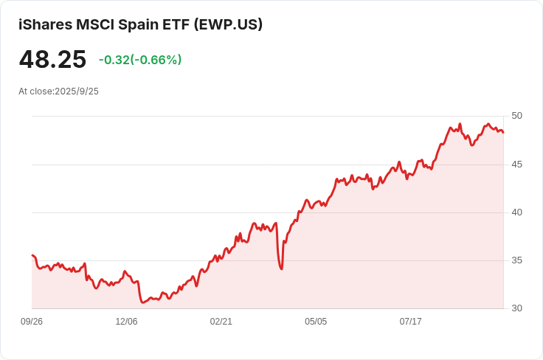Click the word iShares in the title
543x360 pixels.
(x=45, y=24)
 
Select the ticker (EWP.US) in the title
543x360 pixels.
(x=228, y=24)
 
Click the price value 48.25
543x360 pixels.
(x=52, y=60)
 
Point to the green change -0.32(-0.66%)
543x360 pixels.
(x=140, y=60)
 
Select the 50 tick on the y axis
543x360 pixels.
(x=516, y=116)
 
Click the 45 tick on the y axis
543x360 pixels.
(x=516, y=164)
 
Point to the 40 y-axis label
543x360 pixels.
(x=516, y=212)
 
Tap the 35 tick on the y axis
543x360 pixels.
(x=516, y=260)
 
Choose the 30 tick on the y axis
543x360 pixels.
(x=516, y=308)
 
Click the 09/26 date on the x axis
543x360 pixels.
(x=32, y=322)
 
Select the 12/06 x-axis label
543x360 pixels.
(x=126, y=322)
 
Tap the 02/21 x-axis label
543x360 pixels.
(x=221, y=322)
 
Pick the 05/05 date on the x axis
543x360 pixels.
(x=316, y=322)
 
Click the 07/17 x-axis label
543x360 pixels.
(x=410, y=322)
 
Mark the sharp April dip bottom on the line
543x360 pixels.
(x=281, y=269)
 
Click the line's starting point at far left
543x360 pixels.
(x=32, y=255)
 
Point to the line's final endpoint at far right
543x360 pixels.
(x=503, y=133)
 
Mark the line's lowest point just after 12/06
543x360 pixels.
(x=142, y=302)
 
